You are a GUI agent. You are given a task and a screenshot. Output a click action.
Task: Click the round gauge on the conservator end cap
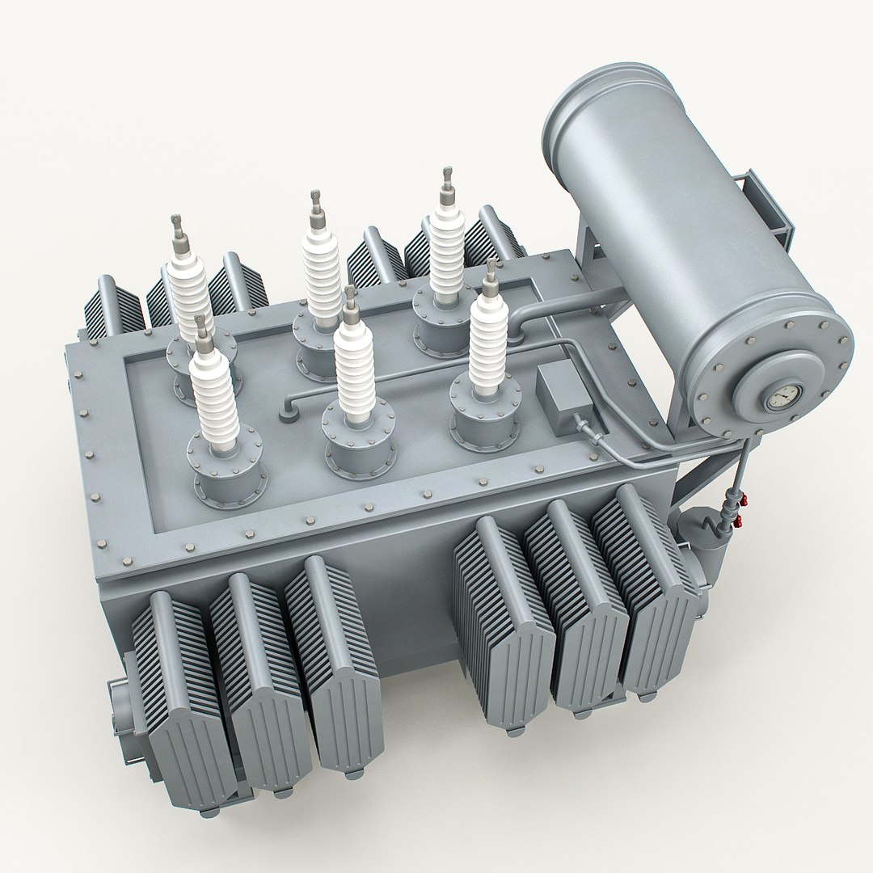[x=778, y=398]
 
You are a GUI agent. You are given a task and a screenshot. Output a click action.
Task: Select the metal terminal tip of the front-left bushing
[x=200, y=332]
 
